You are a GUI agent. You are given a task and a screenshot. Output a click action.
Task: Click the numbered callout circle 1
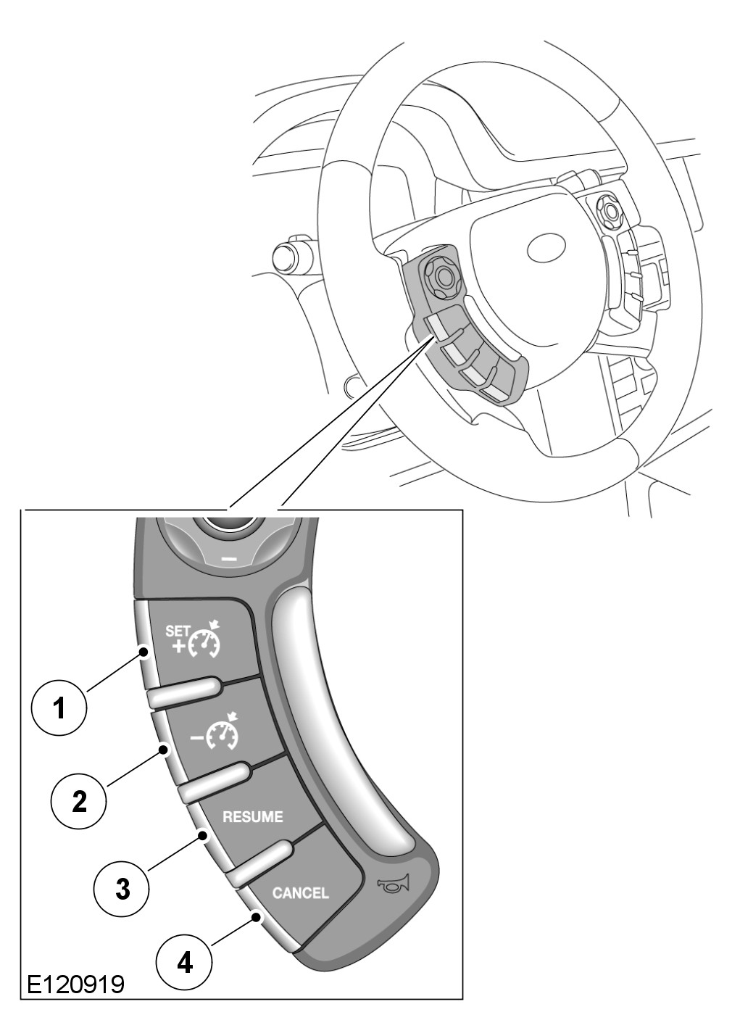59,706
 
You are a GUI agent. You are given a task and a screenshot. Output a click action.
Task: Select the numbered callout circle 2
79,800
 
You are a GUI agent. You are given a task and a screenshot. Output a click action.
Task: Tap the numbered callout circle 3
122,887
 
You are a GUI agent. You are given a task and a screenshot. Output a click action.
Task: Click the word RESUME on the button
252,817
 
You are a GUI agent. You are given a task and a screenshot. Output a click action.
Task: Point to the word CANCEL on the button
300,892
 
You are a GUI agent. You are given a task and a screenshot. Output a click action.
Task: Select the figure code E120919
75,984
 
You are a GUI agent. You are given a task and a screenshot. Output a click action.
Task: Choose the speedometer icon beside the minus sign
224,734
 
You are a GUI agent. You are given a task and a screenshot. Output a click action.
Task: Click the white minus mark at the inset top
229,559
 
